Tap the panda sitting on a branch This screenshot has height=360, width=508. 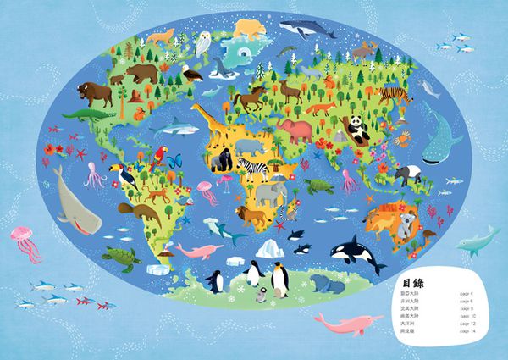pos(358,129)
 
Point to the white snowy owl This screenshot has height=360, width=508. pos(203,42)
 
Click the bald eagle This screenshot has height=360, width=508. pos(193,73)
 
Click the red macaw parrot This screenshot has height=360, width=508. pos(158,156)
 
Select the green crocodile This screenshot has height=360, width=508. pos(86,113)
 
